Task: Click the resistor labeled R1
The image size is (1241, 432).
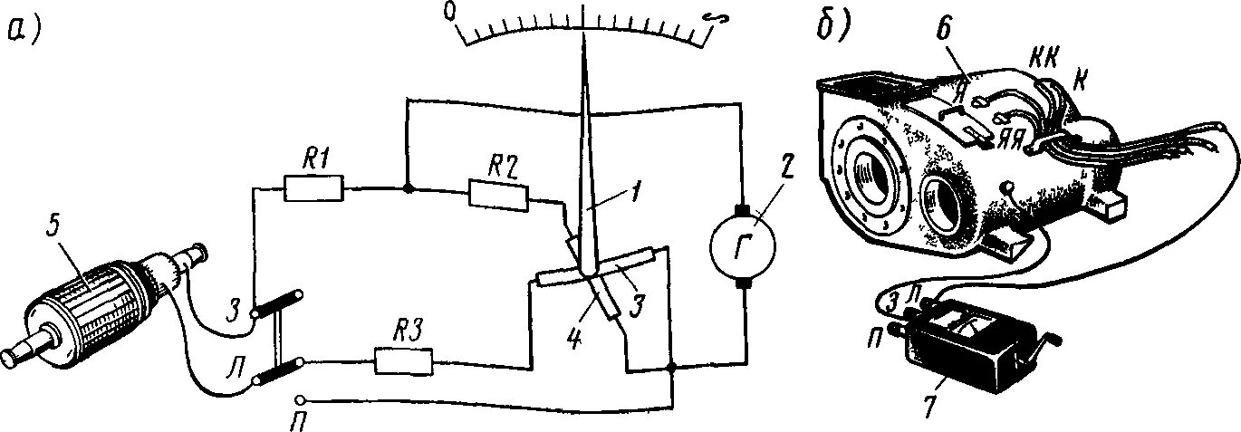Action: pos(313,188)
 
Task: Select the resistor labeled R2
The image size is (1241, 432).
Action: pos(497,193)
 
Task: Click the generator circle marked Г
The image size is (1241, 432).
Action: pos(743,245)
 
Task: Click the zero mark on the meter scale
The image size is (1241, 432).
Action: pos(450,12)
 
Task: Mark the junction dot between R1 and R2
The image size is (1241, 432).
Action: pos(409,188)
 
